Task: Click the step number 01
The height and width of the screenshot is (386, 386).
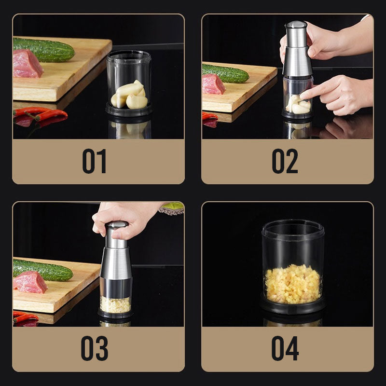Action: point(94,161)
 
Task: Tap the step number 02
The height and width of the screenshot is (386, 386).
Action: point(285,161)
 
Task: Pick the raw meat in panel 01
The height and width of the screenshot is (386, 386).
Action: point(27,64)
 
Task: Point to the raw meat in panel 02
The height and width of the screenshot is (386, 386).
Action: point(213,84)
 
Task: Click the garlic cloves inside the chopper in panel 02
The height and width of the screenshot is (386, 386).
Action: point(298,104)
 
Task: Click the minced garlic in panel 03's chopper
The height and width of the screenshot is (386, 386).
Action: point(115,304)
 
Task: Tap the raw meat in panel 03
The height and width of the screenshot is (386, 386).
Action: point(30,282)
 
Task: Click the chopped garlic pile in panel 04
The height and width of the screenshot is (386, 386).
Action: point(292,284)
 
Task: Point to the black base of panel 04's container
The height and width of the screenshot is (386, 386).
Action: point(292,306)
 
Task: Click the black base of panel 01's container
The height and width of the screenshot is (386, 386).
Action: point(129,111)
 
